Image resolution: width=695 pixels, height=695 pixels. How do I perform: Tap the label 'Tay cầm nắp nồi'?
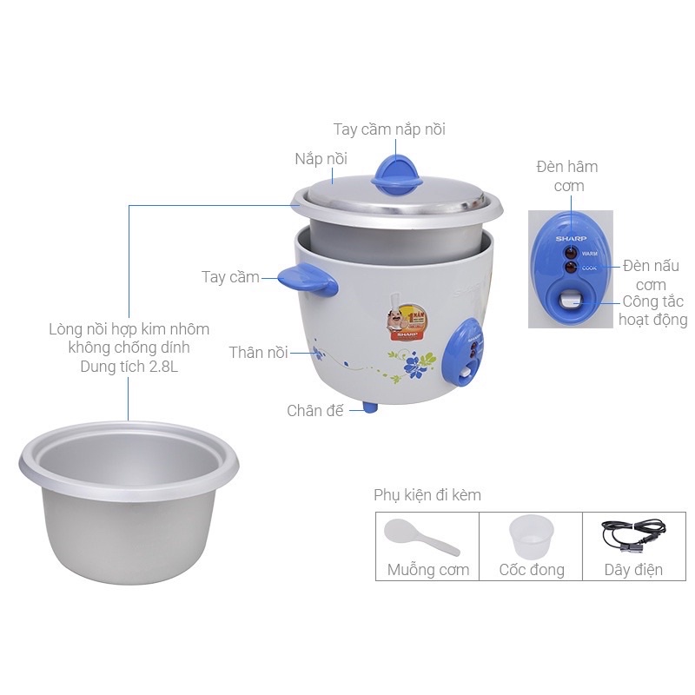click(x=389, y=129)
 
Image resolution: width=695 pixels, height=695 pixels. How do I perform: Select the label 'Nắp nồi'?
click(x=321, y=158)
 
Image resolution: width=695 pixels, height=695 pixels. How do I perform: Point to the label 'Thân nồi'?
click(x=258, y=352)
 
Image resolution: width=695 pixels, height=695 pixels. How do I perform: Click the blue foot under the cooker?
click(x=371, y=407)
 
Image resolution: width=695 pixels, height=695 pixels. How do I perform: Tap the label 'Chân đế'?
click(x=315, y=410)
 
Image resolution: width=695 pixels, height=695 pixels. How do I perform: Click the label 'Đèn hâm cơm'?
click(x=566, y=175)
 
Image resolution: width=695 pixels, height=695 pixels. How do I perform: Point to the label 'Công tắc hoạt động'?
click(x=653, y=310)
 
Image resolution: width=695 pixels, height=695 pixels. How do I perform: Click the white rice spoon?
click(x=420, y=537)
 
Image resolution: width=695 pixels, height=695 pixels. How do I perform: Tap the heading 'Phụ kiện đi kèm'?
click(x=427, y=494)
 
